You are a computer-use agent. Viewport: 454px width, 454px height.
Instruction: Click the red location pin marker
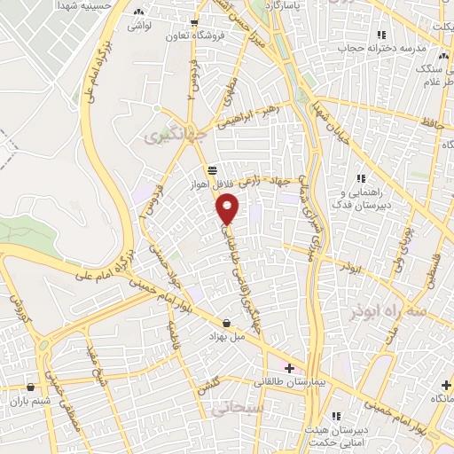coord(229,209)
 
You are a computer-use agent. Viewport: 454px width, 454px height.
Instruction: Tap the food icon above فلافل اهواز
coord(211,171)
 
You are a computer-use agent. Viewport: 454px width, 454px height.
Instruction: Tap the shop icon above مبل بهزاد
coord(228,323)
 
